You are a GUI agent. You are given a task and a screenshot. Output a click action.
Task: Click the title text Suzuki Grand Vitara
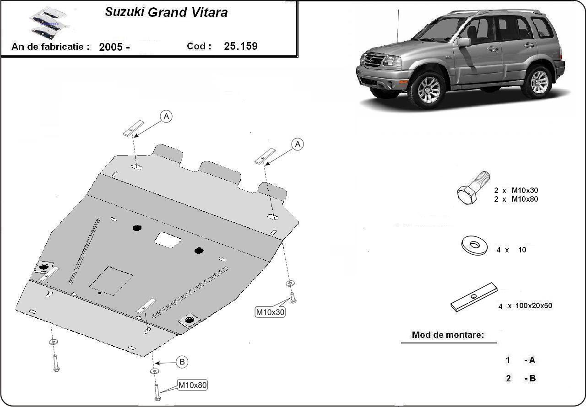(166, 12)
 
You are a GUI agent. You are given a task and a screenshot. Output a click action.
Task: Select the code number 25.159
(241, 46)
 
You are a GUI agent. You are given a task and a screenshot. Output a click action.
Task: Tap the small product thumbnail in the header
(48, 22)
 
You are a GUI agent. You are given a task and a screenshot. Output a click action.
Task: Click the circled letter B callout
(182, 362)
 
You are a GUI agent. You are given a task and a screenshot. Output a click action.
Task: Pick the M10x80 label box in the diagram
(192, 385)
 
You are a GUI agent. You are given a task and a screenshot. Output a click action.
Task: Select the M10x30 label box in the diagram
(270, 312)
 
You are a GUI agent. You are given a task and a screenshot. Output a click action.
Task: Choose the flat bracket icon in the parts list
(474, 297)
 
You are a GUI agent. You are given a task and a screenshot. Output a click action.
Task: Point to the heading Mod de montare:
(448, 335)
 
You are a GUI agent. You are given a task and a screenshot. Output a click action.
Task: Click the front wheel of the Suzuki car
(428, 89)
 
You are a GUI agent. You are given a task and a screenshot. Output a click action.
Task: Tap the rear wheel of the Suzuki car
(538, 82)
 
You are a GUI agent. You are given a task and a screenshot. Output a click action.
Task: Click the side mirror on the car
(464, 42)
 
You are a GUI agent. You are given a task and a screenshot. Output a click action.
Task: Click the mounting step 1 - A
(520, 360)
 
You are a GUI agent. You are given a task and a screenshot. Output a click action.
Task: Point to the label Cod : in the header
(199, 46)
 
